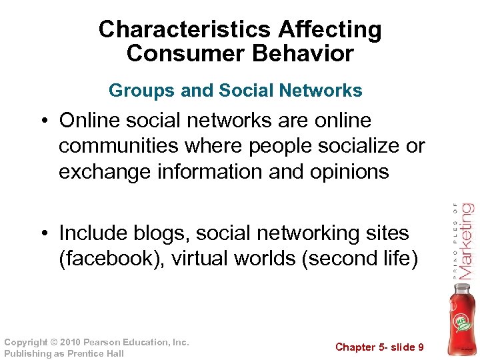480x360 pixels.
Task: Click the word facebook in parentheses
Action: pos(107,259)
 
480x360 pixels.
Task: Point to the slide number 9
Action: pos(420,347)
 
